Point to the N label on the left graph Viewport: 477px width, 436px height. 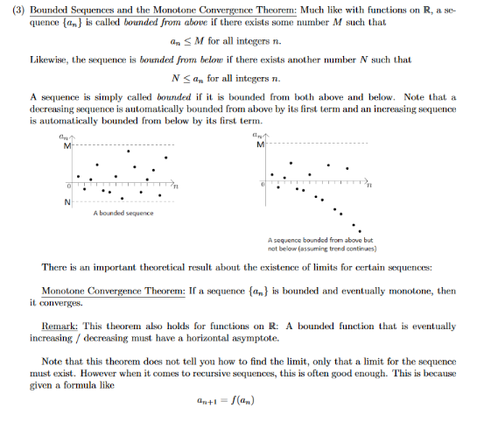coord(66,203)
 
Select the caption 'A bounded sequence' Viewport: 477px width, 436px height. coord(123,213)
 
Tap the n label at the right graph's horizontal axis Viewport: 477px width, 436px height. coord(368,186)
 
